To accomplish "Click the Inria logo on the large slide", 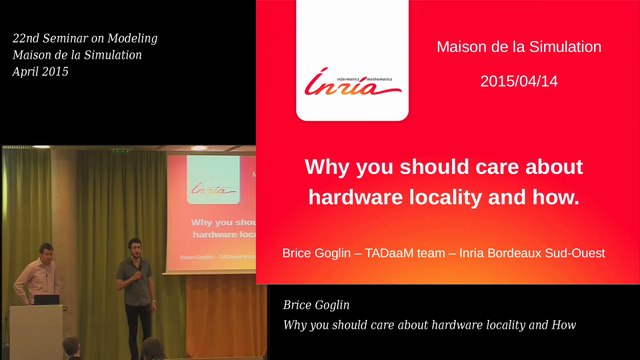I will (352, 85).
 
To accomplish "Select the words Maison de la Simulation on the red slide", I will (519, 46).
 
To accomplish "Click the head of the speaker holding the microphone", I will (133, 246).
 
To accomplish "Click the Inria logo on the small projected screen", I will (212, 187).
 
